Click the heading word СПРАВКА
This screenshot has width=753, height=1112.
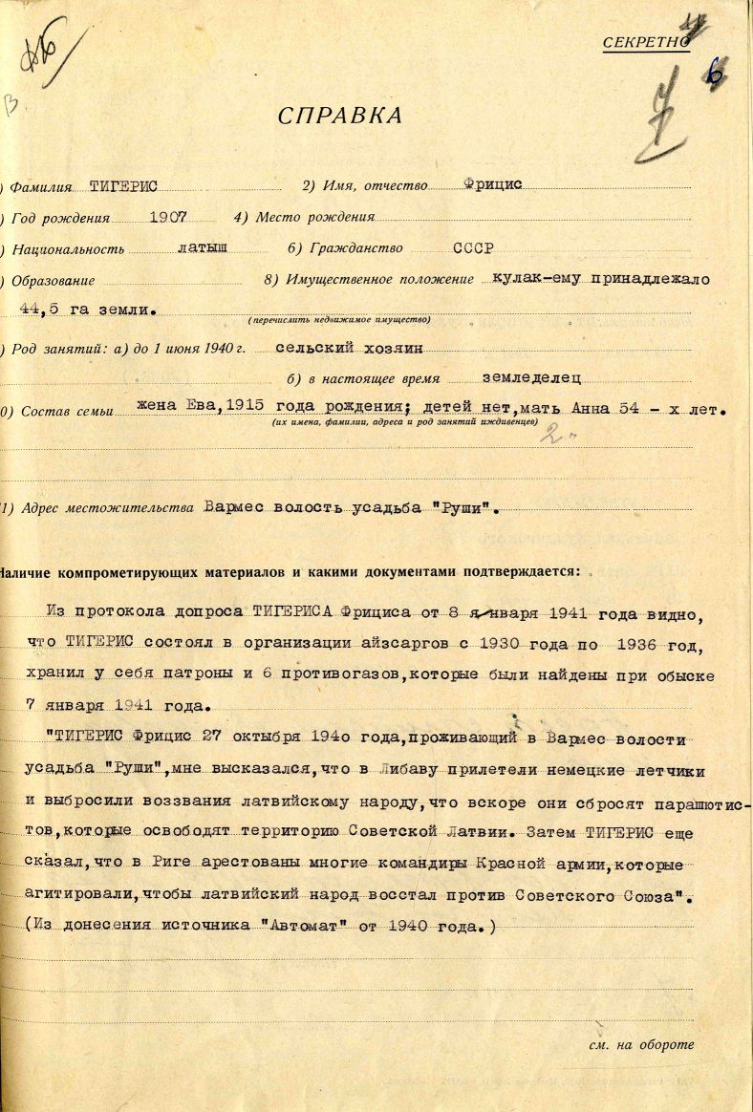(x=340, y=117)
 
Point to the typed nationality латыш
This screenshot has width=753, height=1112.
(x=203, y=247)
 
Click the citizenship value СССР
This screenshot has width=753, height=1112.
(x=473, y=247)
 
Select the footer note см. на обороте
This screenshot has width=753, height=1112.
(x=641, y=1044)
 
